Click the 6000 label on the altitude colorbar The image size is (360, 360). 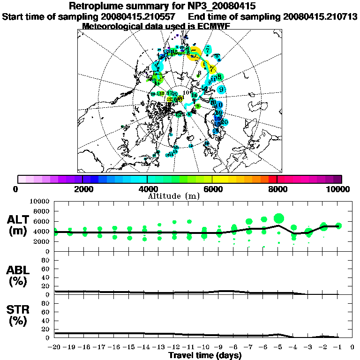[x=212, y=189]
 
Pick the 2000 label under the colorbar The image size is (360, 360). [x=82, y=189]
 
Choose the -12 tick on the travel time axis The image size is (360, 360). [x=174, y=347]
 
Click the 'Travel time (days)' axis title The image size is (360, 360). [x=205, y=355]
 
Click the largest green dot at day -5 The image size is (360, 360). [x=279, y=218]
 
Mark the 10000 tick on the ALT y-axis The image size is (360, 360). [x=40, y=201]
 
